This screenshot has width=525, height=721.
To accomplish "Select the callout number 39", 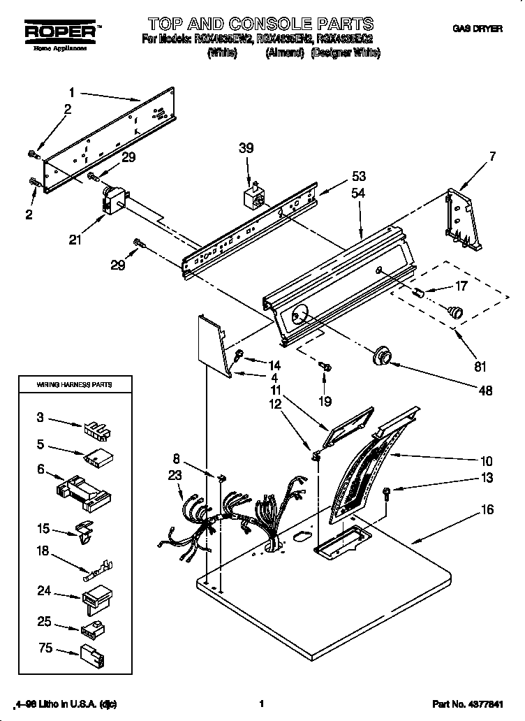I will point(246,148).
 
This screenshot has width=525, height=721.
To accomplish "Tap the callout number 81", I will point(479,365).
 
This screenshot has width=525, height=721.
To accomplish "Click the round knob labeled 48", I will point(382,356).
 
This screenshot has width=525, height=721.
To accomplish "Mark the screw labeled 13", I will point(387,494).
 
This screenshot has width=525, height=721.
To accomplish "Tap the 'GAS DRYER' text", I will point(476,29).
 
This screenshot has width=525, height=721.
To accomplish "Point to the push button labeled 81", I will point(455,310).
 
